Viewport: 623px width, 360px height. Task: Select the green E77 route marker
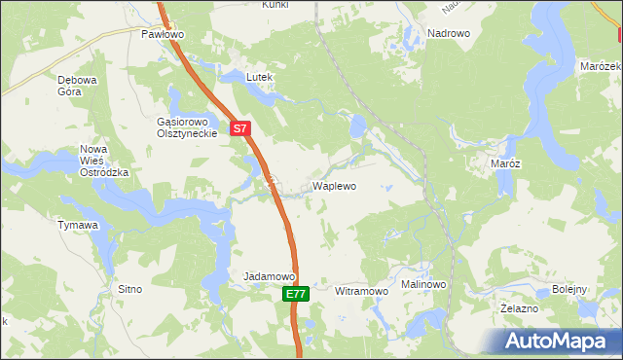[x=298, y=293]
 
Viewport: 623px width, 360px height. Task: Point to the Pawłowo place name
[x=163, y=34]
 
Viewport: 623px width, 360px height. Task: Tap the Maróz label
[x=505, y=164]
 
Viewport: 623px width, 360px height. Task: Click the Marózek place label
[x=600, y=66]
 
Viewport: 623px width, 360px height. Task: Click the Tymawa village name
[x=78, y=226]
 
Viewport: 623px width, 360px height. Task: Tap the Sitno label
[x=129, y=289]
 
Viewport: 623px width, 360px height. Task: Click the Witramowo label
[x=361, y=291]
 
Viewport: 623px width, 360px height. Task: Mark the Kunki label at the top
[x=275, y=5]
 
